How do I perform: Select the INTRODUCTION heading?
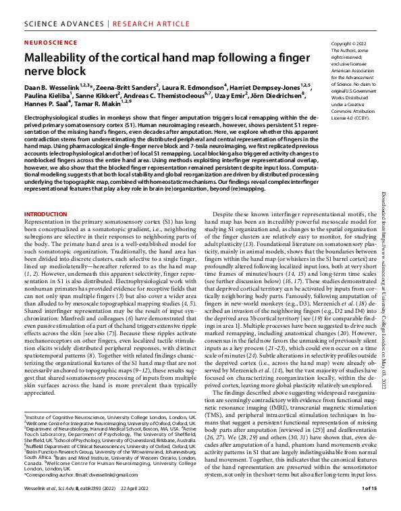point(47,214)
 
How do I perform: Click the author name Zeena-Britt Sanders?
point(129,87)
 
